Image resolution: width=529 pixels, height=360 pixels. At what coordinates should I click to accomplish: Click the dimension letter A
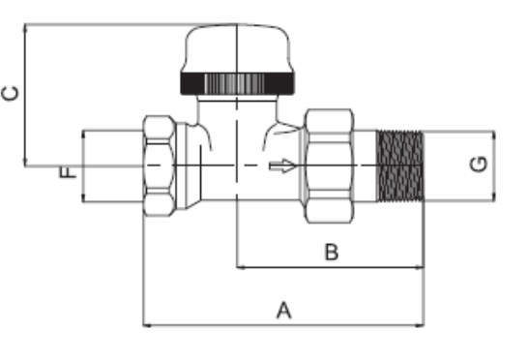pos(283,311)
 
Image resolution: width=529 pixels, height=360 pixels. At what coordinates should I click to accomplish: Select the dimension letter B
pos(332,252)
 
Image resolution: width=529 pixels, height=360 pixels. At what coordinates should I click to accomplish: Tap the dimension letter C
pos(10,94)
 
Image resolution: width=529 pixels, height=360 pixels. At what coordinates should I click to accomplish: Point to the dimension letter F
pos(68,172)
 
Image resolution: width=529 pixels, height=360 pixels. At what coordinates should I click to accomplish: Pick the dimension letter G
pos(479,165)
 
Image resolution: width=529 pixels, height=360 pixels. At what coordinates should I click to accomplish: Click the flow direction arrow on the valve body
pos(282,165)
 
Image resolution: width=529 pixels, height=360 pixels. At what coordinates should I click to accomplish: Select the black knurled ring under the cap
pos(238,83)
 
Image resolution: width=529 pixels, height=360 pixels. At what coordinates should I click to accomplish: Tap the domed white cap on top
pos(238,48)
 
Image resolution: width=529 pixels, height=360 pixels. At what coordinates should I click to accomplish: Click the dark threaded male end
pos(400,165)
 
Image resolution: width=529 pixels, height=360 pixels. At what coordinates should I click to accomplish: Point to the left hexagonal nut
pos(160,165)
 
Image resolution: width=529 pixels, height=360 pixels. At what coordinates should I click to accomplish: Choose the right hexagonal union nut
pos(329,165)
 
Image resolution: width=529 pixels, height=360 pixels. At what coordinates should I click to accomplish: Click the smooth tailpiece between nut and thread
pos(365,165)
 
